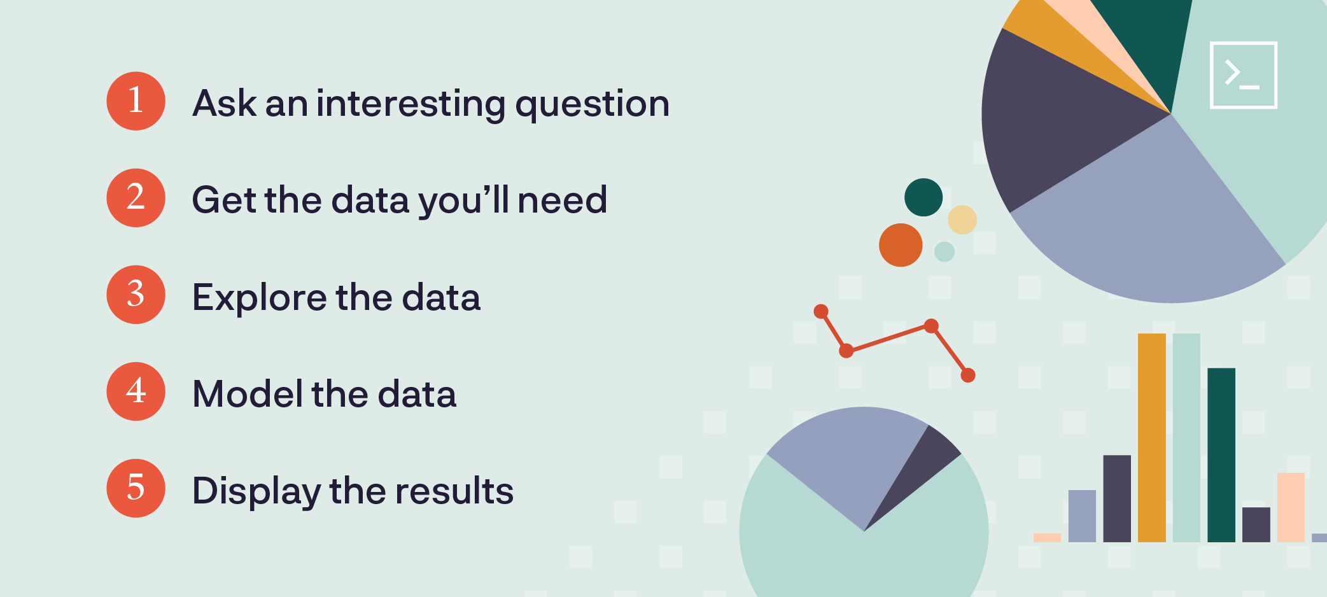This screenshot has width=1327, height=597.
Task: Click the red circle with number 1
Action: [x=136, y=101]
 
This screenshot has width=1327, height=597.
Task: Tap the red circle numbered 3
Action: [x=136, y=295]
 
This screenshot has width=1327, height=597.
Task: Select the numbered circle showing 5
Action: [x=136, y=488]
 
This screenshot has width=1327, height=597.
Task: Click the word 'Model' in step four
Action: [x=248, y=393]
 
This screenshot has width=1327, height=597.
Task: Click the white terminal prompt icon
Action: [x=1243, y=75]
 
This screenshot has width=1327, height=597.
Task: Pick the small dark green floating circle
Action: [x=923, y=197]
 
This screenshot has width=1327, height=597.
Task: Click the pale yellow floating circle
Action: [x=962, y=220]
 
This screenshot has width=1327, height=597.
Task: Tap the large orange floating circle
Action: [x=901, y=245]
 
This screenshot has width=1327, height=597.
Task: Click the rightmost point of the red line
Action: [x=968, y=376]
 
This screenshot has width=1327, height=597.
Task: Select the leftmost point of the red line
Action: [x=821, y=311]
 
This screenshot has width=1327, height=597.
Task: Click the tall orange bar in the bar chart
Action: [x=1152, y=438]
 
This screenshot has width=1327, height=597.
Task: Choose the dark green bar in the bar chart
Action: [x=1221, y=455]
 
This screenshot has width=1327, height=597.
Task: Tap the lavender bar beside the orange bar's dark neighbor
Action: [x=1082, y=516]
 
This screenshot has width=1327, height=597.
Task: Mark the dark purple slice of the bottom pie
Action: [x=916, y=471]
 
